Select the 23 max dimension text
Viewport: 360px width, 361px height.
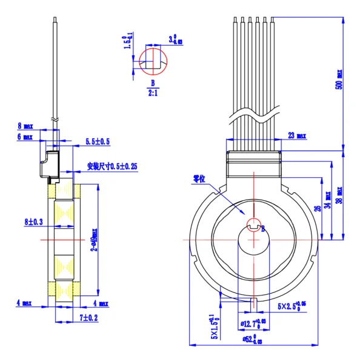[296, 135]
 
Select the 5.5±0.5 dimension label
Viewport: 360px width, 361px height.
[98, 141]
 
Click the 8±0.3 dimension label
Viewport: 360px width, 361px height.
[34, 223]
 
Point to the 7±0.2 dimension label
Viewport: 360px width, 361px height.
[88, 317]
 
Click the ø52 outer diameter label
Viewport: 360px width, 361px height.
[250, 339]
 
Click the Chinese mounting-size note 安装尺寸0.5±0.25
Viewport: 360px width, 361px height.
[112, 166]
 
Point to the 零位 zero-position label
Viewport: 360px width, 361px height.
[199, 180]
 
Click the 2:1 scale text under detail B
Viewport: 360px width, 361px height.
[153, 93]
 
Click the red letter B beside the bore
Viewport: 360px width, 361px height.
[264, 229]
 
